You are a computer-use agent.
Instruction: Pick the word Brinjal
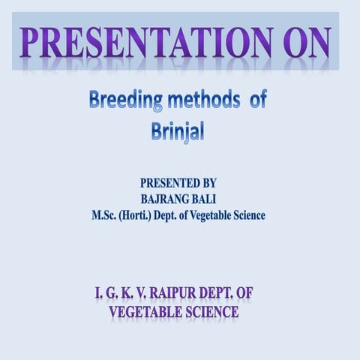coord(178,130)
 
